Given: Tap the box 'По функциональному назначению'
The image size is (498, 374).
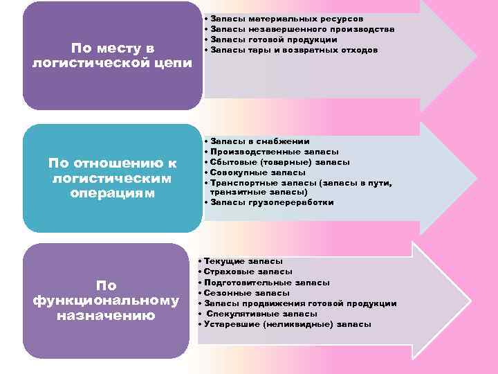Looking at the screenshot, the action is click(106, 301).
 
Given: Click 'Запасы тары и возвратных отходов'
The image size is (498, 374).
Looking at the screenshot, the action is click(294, 50).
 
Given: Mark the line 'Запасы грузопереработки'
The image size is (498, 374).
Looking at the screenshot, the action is click(272, 202).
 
